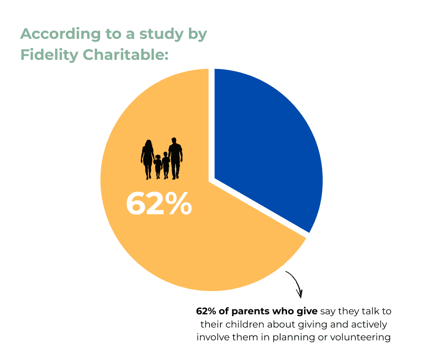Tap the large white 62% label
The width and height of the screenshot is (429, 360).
(x=158, y=204)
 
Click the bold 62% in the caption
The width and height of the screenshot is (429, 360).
(x=206, y=312)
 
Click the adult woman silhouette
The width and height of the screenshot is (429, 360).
(x=147, y=159)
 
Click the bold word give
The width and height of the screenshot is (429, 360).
(x=308, y=312)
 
